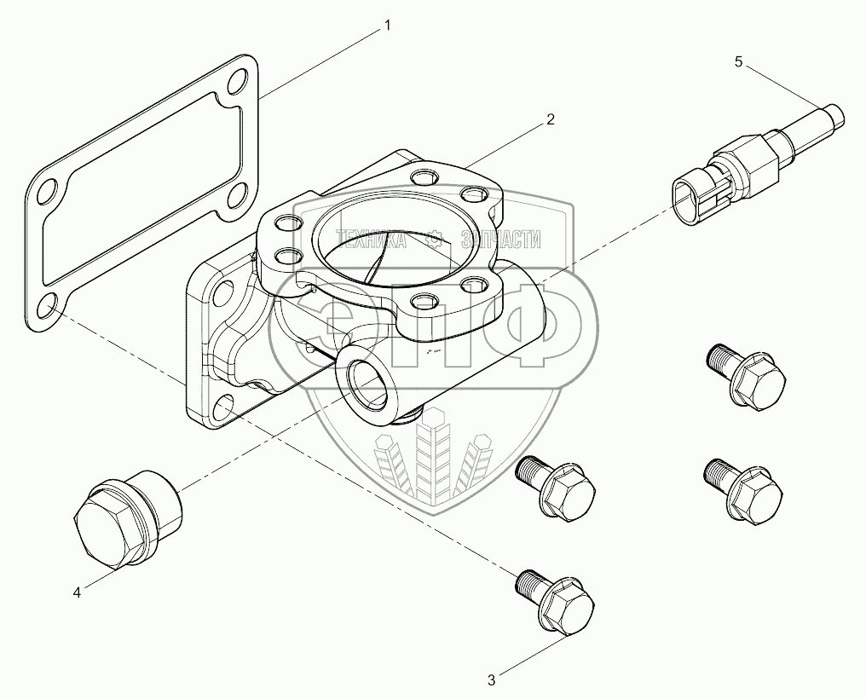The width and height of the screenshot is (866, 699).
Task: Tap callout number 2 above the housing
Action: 551,119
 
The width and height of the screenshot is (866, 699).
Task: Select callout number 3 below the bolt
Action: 491,679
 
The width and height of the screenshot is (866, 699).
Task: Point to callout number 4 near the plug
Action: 77,592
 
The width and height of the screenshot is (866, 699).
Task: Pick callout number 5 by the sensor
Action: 738,61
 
